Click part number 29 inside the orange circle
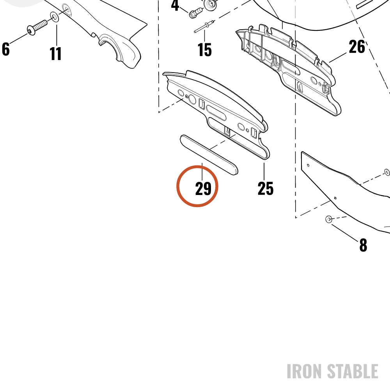(203, 188)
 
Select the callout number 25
(265, 188)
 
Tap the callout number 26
(357, 46)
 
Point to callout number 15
(204, 50)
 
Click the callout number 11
(55, 54)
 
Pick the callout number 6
(6, 49)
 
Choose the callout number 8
(363, 245)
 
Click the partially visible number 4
(175, 5)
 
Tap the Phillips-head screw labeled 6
(37, 27)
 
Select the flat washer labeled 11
(55, 17)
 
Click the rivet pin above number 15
(204, 27)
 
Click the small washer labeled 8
(329, 219)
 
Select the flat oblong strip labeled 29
(209, 155)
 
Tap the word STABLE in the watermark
(353, 371)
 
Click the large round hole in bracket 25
(192, 99)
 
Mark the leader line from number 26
(338, 57)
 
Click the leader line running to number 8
(345, 232)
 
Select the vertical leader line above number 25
(264, 172)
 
